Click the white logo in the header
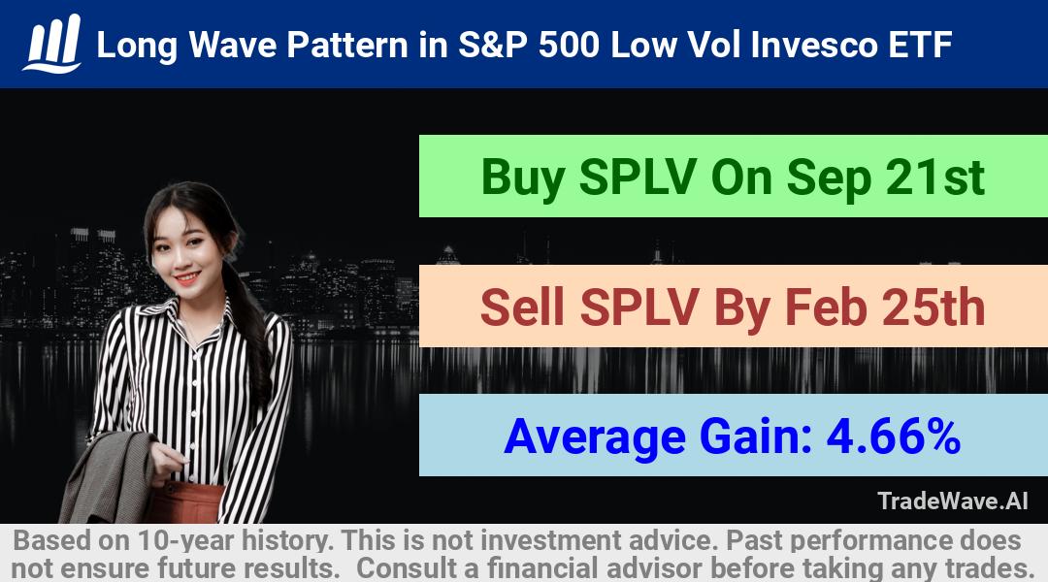coord(52,44)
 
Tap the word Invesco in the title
coord(814,46)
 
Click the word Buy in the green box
coord(523,178)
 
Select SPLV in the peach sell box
coord(639,307)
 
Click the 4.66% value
coord(894,437)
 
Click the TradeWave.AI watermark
coord(953,501)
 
